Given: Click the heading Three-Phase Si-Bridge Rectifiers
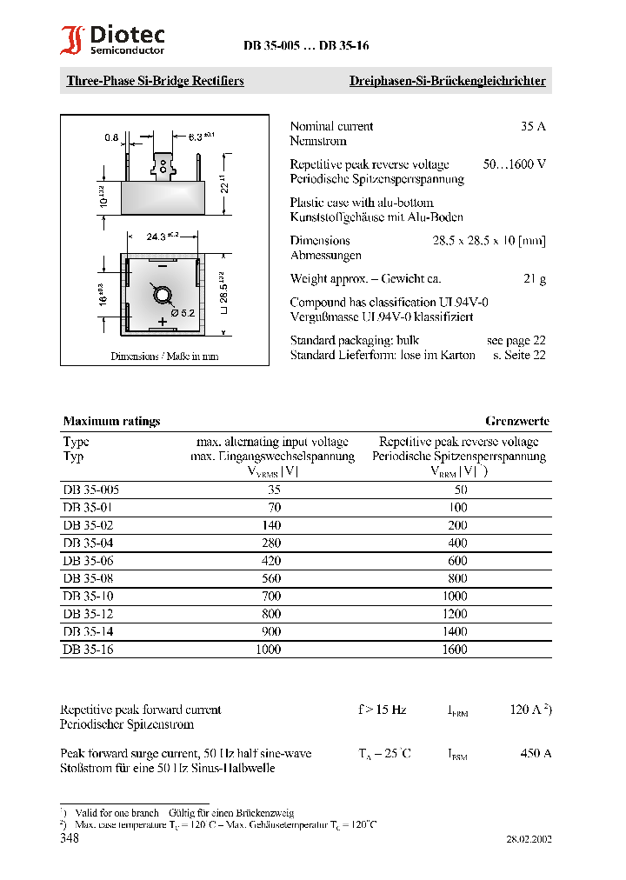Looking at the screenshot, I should pos(155,81).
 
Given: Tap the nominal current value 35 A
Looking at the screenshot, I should pos(533,126).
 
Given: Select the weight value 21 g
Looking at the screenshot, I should pos(534,279).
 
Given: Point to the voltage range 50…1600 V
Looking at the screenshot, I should pos(515,164).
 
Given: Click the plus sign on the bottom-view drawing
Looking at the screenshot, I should pos(162,322).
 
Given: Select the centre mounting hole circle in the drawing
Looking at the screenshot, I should pos(162,296).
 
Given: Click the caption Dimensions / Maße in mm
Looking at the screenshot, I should pos(164,356).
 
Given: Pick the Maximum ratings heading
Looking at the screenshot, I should pos(111,421).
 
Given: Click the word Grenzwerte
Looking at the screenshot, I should pos(517,421).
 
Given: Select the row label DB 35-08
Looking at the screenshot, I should pos(88,579).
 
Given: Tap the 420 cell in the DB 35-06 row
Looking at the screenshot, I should pos(273,562).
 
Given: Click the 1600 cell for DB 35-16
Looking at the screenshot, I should pos(454,649).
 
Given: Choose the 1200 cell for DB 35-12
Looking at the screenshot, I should pos(454,614).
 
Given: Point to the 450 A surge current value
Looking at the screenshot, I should pos(535,753).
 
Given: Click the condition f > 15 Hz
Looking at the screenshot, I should pos(382,710).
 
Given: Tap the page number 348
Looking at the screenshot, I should pos(69,838).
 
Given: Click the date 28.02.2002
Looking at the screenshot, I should pos(528,840).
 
